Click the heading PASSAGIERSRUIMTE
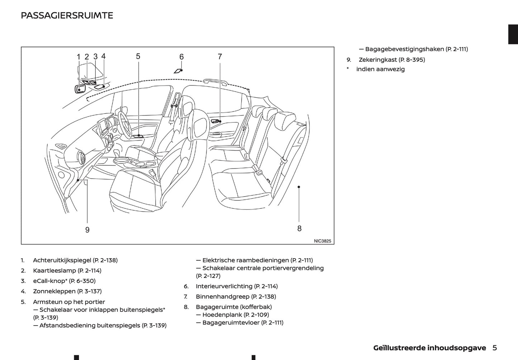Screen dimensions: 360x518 tap(67, 15)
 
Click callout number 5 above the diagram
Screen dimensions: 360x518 tap(138, 56)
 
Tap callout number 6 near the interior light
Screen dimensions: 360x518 tap(181, 57)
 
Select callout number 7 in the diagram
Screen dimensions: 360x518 tap(220, 57)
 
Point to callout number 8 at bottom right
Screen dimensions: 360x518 tap(299, 228)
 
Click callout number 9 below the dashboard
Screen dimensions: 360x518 tap(87, 230)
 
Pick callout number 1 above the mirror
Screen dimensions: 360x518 tap(79, 57)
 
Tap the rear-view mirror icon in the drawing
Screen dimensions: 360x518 tap(79, 89)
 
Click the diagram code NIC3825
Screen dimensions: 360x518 tap(322, 241)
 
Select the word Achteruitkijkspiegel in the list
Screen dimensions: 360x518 tap(62, 260)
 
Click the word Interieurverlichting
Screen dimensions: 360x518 tap(224, 286)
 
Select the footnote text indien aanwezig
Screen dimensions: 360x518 tap(380, 69)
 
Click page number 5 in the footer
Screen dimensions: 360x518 tap(495, 348)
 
